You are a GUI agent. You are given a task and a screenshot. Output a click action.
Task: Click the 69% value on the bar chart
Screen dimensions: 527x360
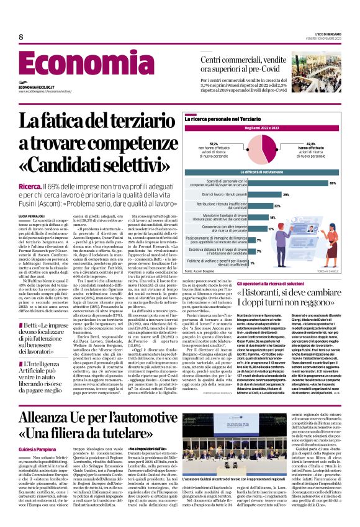click(x=333, y=183)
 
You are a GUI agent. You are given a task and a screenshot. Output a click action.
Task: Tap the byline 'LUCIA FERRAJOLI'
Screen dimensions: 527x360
click(x=32, y=215)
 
